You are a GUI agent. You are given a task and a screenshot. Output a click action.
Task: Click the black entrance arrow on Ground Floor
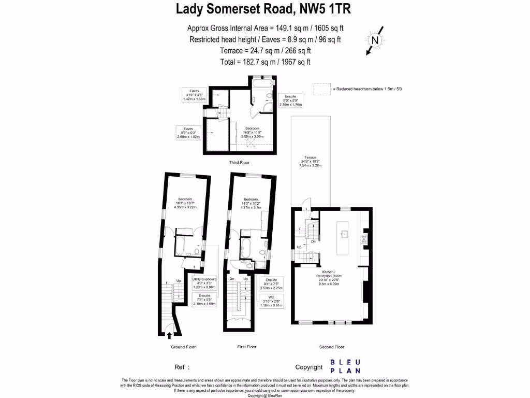170,336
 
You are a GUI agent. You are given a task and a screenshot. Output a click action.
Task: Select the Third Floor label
239,163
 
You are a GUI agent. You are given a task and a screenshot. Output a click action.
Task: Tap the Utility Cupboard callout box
204,283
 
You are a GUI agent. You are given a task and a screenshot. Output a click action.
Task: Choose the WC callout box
271,302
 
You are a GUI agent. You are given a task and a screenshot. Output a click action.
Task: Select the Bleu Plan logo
347,366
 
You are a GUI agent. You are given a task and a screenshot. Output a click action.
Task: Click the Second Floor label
332,347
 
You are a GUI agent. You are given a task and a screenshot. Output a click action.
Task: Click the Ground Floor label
183,347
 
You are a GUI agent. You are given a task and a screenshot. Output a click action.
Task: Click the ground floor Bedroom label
185,201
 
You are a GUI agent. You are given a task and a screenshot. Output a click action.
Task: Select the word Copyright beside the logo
309,367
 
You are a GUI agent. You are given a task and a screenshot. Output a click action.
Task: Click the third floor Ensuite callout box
290,101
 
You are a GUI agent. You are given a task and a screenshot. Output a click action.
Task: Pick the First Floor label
246,347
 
